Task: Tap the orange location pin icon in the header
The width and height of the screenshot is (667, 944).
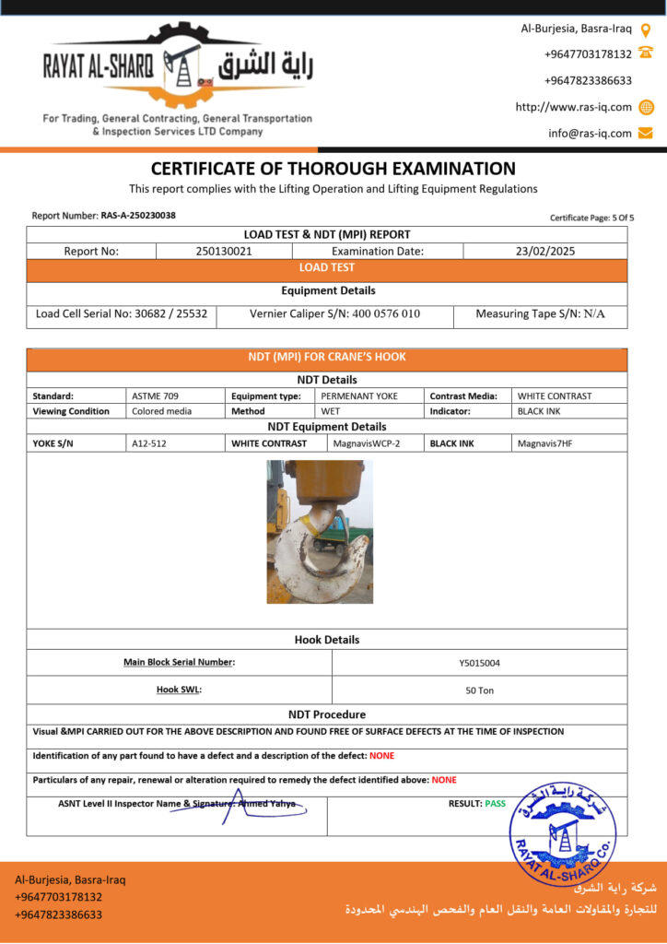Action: [646, 29]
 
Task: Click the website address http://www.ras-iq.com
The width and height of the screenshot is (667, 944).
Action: [574, 107]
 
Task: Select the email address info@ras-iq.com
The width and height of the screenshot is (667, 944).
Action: [590, 133]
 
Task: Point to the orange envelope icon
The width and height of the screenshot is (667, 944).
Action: [646, 133]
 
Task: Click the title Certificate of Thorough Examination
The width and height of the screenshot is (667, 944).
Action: [333, 169]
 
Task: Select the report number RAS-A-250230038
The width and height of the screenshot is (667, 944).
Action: [138, 216]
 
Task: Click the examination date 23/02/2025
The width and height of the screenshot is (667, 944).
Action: [544, 251]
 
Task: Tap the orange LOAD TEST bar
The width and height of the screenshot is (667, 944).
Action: [326, 268]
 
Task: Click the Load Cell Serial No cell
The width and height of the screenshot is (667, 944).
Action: [122, 313]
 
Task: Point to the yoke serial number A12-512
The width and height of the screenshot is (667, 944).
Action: [149, 443]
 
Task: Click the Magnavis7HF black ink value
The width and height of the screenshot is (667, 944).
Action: [544, 443]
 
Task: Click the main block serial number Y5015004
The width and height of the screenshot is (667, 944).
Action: [479, 662]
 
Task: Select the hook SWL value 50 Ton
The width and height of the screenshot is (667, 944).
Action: [479, 690]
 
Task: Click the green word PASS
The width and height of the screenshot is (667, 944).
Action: [496, 804]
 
